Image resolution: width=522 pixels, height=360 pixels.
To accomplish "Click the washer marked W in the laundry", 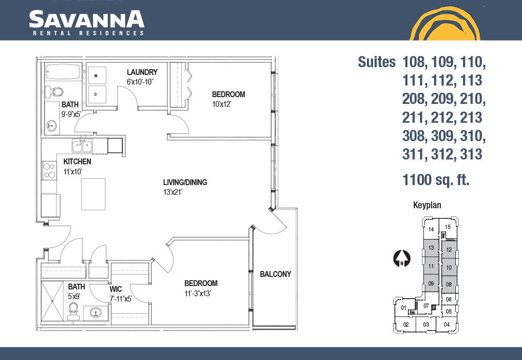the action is coord(97,75).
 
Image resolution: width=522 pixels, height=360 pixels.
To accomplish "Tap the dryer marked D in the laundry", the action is coord(97,95).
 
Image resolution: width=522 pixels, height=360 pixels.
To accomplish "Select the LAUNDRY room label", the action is coord(142,72).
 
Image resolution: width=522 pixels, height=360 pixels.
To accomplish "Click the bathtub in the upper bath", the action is coord(63,72).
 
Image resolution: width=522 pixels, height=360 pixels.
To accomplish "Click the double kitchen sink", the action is coord(82,146).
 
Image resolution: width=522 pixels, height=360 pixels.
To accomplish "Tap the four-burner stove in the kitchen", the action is coord(49,171).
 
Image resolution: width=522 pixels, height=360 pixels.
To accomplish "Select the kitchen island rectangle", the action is coord(94,194).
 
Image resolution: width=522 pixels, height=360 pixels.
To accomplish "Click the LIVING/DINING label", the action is coord(185,182).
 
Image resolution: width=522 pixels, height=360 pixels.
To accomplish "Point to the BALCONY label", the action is coord(275,274).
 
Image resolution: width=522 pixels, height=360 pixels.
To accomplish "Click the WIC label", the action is coord(116,289).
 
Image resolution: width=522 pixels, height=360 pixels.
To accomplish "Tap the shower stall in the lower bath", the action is coord(52,301).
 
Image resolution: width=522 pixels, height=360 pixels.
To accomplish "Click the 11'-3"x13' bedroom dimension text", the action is coord(198,293).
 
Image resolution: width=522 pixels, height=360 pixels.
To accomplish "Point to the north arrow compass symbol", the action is coord(402,259).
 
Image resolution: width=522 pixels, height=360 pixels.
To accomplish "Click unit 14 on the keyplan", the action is coord(431,229).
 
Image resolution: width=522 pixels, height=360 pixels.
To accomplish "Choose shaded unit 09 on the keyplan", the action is coord(431,284).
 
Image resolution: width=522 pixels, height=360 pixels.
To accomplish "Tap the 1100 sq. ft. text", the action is coord(436,180).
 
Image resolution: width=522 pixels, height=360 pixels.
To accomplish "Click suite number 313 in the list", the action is coord(471,154).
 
